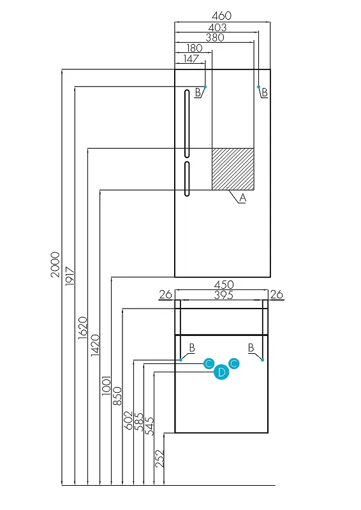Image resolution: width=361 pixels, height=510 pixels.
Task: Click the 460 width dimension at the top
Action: [221, 15]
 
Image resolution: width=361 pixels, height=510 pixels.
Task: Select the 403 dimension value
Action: [217, 27]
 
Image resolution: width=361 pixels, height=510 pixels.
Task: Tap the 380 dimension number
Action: [215, 38]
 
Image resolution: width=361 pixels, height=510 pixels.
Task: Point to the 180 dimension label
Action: [195, 48]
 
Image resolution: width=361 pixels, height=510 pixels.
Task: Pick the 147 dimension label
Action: [191, 59]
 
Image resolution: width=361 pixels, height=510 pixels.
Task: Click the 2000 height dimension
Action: [55, 265]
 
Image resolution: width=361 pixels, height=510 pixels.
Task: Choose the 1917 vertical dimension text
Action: [70, 276]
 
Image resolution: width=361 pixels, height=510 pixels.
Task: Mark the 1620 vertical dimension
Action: [83, 328]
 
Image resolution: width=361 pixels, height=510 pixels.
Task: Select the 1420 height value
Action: [95, 345]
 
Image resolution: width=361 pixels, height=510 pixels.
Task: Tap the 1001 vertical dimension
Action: [107, 386]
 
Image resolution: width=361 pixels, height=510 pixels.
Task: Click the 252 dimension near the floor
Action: [159, 458]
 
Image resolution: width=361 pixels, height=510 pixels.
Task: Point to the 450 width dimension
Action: [224, 284]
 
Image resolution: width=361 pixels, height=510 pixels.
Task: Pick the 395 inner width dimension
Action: [224, 295]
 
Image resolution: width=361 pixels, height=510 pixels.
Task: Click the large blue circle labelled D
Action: [221, 372]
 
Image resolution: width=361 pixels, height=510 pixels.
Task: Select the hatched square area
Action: [233, 169]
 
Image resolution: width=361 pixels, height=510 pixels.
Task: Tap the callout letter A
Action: [242, 198]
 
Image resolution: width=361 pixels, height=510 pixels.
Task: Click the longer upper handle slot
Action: [187, 124]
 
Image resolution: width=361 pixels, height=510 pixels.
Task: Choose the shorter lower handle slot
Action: [187, 179]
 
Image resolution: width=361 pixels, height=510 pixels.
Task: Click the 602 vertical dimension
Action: [129, 420]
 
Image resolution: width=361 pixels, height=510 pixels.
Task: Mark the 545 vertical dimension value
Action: [149, 426]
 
